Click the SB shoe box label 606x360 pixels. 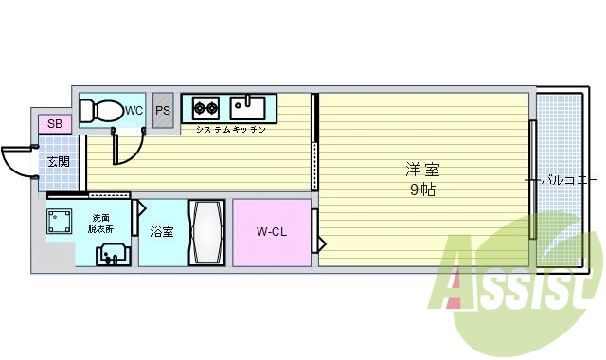(54, 124)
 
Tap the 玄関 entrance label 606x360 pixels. (59, 161)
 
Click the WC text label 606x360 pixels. (134, 111)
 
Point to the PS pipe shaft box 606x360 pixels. (163, 110)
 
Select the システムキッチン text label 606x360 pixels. (230, 129)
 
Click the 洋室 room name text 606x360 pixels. (422, 171)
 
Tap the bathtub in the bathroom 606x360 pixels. (205, 232)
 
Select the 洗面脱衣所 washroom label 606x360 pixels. (101, 224)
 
